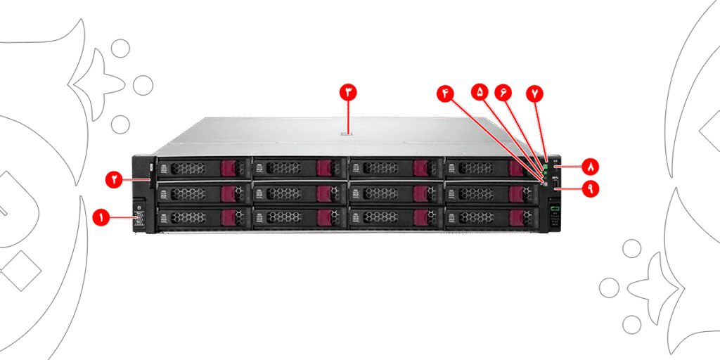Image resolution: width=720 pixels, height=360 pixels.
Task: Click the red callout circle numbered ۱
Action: (x=101, y=218)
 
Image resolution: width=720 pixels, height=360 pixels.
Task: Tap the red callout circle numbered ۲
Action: (x=114, y=180)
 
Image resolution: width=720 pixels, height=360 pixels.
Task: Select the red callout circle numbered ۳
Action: (x=349, y=92)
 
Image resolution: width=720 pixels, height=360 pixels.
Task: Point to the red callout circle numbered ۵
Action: (x=480, y=92)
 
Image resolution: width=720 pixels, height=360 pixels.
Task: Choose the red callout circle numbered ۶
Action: (x=503, y=92)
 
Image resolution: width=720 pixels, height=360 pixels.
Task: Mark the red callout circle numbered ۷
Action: (x=536, y=93)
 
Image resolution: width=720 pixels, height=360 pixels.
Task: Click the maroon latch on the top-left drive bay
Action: (x=229, y=168)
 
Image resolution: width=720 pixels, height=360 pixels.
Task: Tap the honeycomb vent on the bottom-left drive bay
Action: (x=189, y=217)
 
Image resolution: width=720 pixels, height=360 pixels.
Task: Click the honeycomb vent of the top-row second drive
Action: (x=285, y=168)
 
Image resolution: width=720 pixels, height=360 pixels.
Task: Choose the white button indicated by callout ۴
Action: (x=544, y=184)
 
